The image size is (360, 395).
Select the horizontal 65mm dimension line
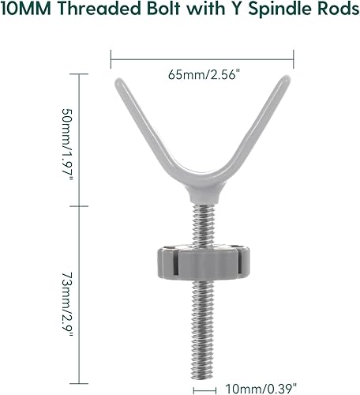click(202, 56)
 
